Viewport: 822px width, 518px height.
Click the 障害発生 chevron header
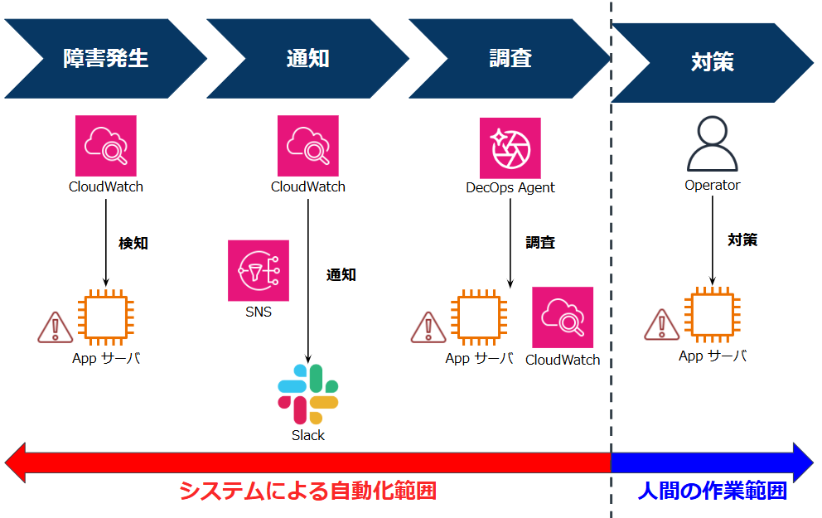point(105,59)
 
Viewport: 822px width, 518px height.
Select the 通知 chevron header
point(307,59)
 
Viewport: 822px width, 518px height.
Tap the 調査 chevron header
point(510,59)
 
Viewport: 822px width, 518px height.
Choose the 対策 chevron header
point(712,62)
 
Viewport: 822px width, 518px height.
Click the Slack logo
point(307,395)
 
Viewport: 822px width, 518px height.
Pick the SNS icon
point(259,271)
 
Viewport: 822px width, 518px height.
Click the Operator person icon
point(712,144)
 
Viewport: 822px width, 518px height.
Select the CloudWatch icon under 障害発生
point(105,145)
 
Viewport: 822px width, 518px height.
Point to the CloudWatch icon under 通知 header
point(307,145)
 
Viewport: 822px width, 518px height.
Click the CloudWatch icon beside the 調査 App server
point(563,317)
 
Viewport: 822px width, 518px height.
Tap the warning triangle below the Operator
point(662,325)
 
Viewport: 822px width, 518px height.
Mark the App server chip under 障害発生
point(105,317)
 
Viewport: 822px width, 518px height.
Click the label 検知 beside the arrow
point(133,244)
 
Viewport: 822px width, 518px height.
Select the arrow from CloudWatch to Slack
point(308,282)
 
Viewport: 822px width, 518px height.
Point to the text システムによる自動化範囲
point(307,491)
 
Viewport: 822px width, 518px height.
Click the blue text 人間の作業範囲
point(712,491)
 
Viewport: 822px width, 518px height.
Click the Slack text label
point(307,435)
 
